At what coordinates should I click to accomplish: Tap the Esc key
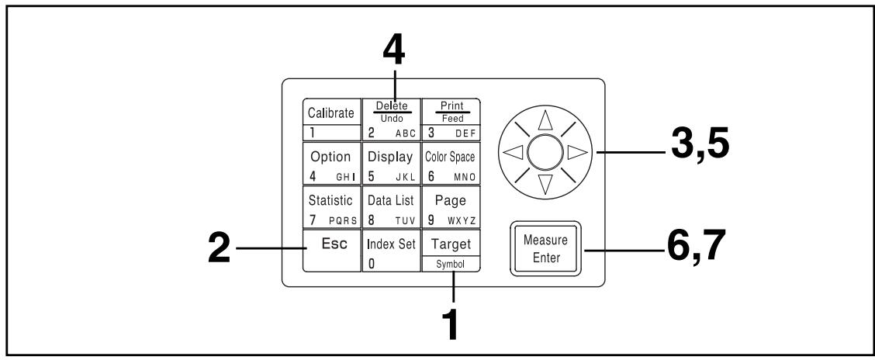332,250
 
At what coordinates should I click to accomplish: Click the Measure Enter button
546,249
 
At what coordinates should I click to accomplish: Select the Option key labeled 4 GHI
332,164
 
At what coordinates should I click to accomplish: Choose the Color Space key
451,164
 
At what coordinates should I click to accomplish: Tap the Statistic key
332,206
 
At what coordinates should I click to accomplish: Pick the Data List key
391,206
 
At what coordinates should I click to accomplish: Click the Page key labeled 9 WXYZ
451,206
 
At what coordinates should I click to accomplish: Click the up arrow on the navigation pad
545,120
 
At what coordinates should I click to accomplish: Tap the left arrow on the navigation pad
513,152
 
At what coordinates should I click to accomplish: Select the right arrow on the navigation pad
578,152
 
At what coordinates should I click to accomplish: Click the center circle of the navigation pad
545,152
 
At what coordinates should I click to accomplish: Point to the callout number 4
394,52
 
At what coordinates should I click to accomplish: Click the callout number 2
220,248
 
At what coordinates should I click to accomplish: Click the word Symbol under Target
451,265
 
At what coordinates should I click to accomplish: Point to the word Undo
392,119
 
